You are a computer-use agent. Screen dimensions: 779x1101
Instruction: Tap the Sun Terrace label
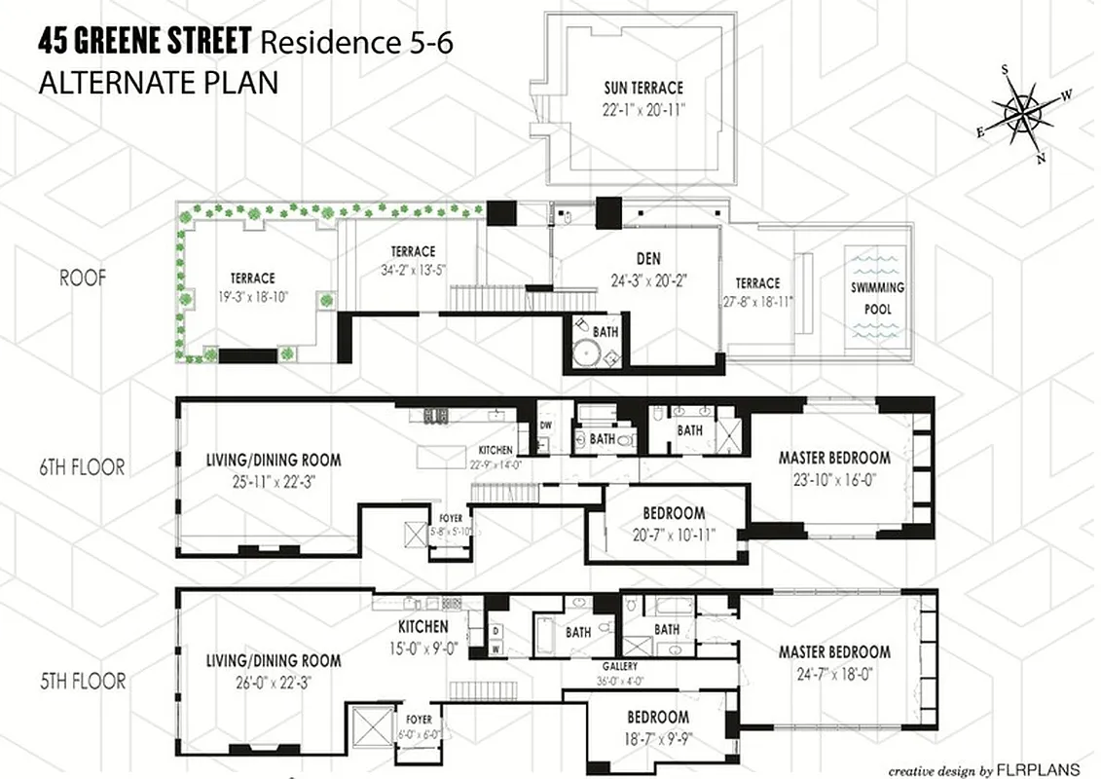[642, 89]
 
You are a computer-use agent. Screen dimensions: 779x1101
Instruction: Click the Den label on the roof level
[647, 259]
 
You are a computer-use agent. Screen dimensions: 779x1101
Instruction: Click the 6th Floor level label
[79, 467]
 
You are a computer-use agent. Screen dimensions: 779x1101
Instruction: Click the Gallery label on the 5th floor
[619, 667]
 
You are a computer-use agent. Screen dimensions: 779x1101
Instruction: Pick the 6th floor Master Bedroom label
[834, 457]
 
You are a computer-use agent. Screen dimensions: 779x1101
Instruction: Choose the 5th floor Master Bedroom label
[834, 651]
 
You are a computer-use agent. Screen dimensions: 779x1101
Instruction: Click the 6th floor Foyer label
[451, 518]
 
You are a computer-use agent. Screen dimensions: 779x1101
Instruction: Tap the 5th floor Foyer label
[420, 720]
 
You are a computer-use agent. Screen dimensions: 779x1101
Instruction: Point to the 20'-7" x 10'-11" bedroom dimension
[673, 535]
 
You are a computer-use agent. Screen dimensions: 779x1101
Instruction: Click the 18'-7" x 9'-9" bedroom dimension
[659, 741]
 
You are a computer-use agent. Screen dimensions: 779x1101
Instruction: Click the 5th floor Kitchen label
[423, 627]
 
